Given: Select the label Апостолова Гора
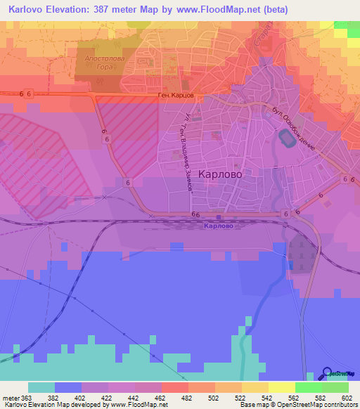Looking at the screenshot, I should click(105, 63).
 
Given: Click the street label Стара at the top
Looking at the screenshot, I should click(259, 44).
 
